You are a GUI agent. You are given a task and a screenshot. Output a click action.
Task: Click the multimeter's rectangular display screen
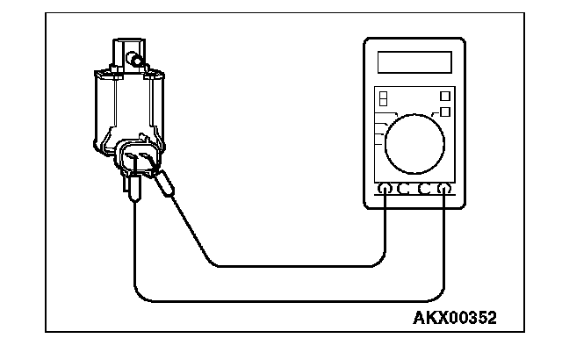(414, 62)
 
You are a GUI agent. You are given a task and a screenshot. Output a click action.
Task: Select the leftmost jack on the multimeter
(385, 189)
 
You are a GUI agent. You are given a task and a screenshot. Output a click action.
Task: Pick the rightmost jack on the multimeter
(444, 189)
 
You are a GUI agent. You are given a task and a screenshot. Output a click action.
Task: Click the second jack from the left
(405, 189)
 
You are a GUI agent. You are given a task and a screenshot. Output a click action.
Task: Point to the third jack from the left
(425, 189)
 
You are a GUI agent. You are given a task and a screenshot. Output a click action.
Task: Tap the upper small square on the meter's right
(445, 94)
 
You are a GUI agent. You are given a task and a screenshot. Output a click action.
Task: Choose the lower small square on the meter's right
(445, 112)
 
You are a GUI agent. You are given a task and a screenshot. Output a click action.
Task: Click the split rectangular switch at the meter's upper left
(383, 98)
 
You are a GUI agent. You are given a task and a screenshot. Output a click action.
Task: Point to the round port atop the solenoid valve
(136, 60)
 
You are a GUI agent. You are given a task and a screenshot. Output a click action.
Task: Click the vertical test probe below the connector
(133, 188)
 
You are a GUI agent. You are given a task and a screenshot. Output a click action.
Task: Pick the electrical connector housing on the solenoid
(139, 158)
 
